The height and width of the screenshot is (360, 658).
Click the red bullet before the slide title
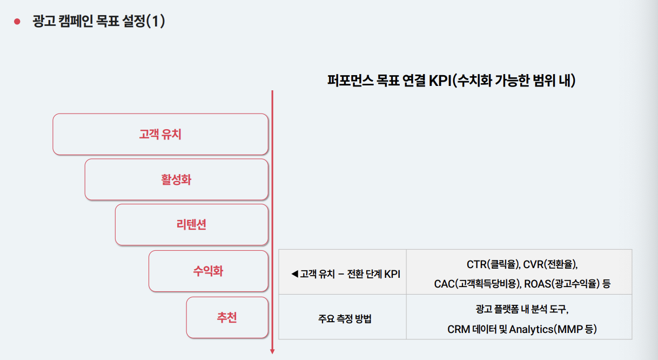(x=17, y=22)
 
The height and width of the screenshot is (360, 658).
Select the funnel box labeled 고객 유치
(x=160, y=134)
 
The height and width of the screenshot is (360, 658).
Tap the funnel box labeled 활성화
(x=176, y=179)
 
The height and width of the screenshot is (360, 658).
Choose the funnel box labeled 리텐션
(x=191, y=225)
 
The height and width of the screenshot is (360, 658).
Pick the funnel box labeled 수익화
(x=208, y=271)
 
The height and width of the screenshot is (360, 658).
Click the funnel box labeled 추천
(x=227, y=317)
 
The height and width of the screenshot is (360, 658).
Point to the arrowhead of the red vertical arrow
(x=272, y=351)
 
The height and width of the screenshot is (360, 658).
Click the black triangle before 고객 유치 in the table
(x=294, y=274)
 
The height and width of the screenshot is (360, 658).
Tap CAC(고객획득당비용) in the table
(x=476, y=283)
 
